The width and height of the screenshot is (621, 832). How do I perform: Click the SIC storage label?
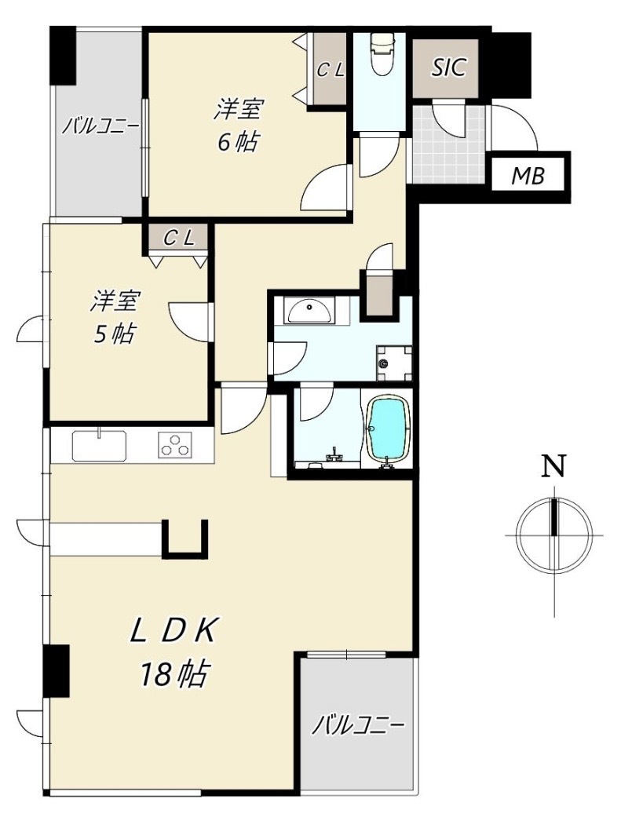point(448,68)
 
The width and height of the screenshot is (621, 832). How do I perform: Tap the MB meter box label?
point(528,176)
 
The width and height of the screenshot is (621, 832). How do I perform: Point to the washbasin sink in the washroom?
point(310,311)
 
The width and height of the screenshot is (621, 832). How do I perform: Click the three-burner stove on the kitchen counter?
point(174,445)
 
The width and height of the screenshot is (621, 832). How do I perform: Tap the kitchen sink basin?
point(100,446)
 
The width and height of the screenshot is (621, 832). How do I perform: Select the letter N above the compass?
point(553,467)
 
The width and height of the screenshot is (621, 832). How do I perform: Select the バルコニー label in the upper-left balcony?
point(100,126)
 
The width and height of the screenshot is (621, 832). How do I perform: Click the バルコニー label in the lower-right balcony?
point(358,724)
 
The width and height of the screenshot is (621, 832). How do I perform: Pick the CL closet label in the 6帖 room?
point(331,70)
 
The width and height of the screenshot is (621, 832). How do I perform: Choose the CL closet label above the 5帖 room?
point(177,239)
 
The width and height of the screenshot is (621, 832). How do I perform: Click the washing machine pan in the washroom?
point(394,363)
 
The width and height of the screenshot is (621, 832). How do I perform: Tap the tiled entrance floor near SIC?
point(448,144)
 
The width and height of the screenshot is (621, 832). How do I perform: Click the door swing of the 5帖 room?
point(188,320)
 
